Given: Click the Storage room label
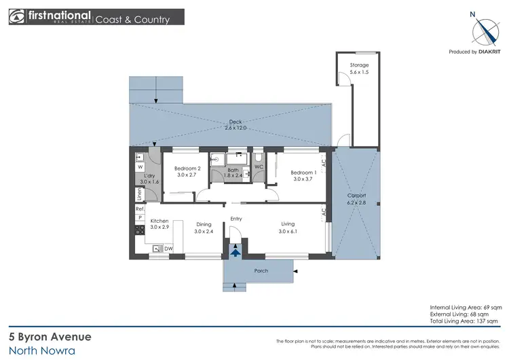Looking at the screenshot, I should click(359, 65).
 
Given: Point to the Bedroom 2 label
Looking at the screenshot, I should click(187, 168).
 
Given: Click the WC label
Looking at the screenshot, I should click(258, 166).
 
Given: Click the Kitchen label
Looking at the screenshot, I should click(159, 221).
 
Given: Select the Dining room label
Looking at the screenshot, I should click(204, 224).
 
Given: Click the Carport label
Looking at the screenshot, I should click(357, 196).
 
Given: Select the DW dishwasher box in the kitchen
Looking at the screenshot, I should click(168, 249).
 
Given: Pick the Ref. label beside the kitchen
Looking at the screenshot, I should click(139, 209).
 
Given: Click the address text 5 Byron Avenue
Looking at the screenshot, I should click(50, 336).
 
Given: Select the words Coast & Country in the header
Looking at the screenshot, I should click(132, 20).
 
